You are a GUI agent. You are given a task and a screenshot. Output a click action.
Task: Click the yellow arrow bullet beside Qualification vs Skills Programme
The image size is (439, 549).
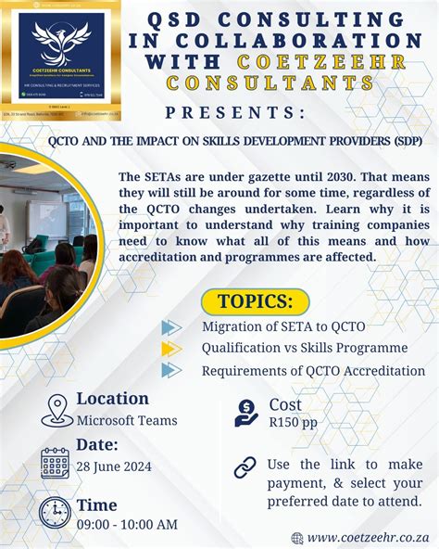coord(170,349)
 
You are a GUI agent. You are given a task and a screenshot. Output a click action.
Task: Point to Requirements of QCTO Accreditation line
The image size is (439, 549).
coord(313,371)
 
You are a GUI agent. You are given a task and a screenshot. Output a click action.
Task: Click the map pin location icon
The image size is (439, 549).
coord(57,409)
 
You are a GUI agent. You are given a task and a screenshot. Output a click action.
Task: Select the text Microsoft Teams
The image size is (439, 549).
coord(127,420)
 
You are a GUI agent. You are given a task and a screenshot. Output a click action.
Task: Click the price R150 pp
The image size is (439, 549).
coord(294,422)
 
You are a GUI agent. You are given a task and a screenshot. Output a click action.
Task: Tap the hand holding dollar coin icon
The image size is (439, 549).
coord(246,412)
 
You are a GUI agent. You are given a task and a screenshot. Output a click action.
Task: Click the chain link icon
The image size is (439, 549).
coord(245,467)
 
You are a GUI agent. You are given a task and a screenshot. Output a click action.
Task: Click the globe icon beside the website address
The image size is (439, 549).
coord(297,538)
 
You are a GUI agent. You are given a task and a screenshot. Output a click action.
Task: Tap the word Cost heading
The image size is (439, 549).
coord(285,404)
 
